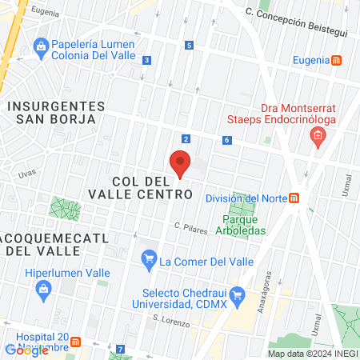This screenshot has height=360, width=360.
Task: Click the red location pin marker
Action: [x=181, y=164]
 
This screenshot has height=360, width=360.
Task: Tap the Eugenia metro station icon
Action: [x=338, y=60]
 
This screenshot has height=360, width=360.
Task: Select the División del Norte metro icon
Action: [x=295, y=198]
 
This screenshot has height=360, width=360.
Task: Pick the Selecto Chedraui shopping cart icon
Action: [x=237, y=293]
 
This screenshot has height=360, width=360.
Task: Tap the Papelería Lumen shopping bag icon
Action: [x=40, y=46]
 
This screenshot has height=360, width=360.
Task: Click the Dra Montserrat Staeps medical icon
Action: [x=318, y=137]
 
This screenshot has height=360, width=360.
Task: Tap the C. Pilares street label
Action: [x=191, y=228]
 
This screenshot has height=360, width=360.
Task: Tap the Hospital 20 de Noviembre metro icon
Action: [x=76, y=342]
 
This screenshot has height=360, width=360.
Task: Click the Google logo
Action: [x=26, y=350]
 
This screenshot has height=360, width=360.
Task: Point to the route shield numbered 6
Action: [x=228, y=140]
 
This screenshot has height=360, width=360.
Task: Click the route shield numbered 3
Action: [x=146, y=60]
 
